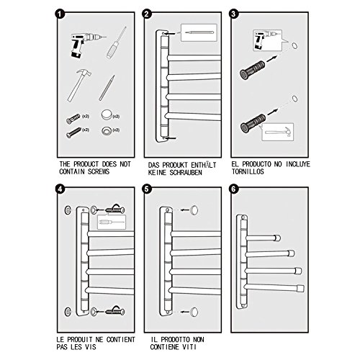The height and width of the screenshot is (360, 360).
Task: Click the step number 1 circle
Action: (60, 14)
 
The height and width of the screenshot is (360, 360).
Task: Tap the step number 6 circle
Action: (234, 189)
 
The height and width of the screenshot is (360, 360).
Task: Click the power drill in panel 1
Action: (86, 45)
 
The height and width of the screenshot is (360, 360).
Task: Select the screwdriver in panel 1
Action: (117, 42)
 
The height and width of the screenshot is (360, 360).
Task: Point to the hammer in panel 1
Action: (78, 86)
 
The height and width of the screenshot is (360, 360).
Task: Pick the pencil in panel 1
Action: (107, 88)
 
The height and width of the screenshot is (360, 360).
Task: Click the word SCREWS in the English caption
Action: (99, 171)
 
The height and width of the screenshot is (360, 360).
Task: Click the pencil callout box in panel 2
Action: (199, 32)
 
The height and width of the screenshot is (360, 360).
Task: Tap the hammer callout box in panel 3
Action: (278, 132)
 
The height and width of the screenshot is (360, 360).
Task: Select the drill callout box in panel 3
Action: (267, 40)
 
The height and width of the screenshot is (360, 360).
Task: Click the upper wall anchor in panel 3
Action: (252, 70)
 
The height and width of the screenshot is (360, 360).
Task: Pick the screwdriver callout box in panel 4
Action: (112, 222)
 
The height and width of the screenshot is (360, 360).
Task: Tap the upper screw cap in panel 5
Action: (194, 210)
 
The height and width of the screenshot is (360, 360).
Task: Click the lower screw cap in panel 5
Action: (194, 312)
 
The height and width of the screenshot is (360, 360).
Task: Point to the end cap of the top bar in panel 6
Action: (277, 238)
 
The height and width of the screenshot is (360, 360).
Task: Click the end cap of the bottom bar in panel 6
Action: (301, 288)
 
